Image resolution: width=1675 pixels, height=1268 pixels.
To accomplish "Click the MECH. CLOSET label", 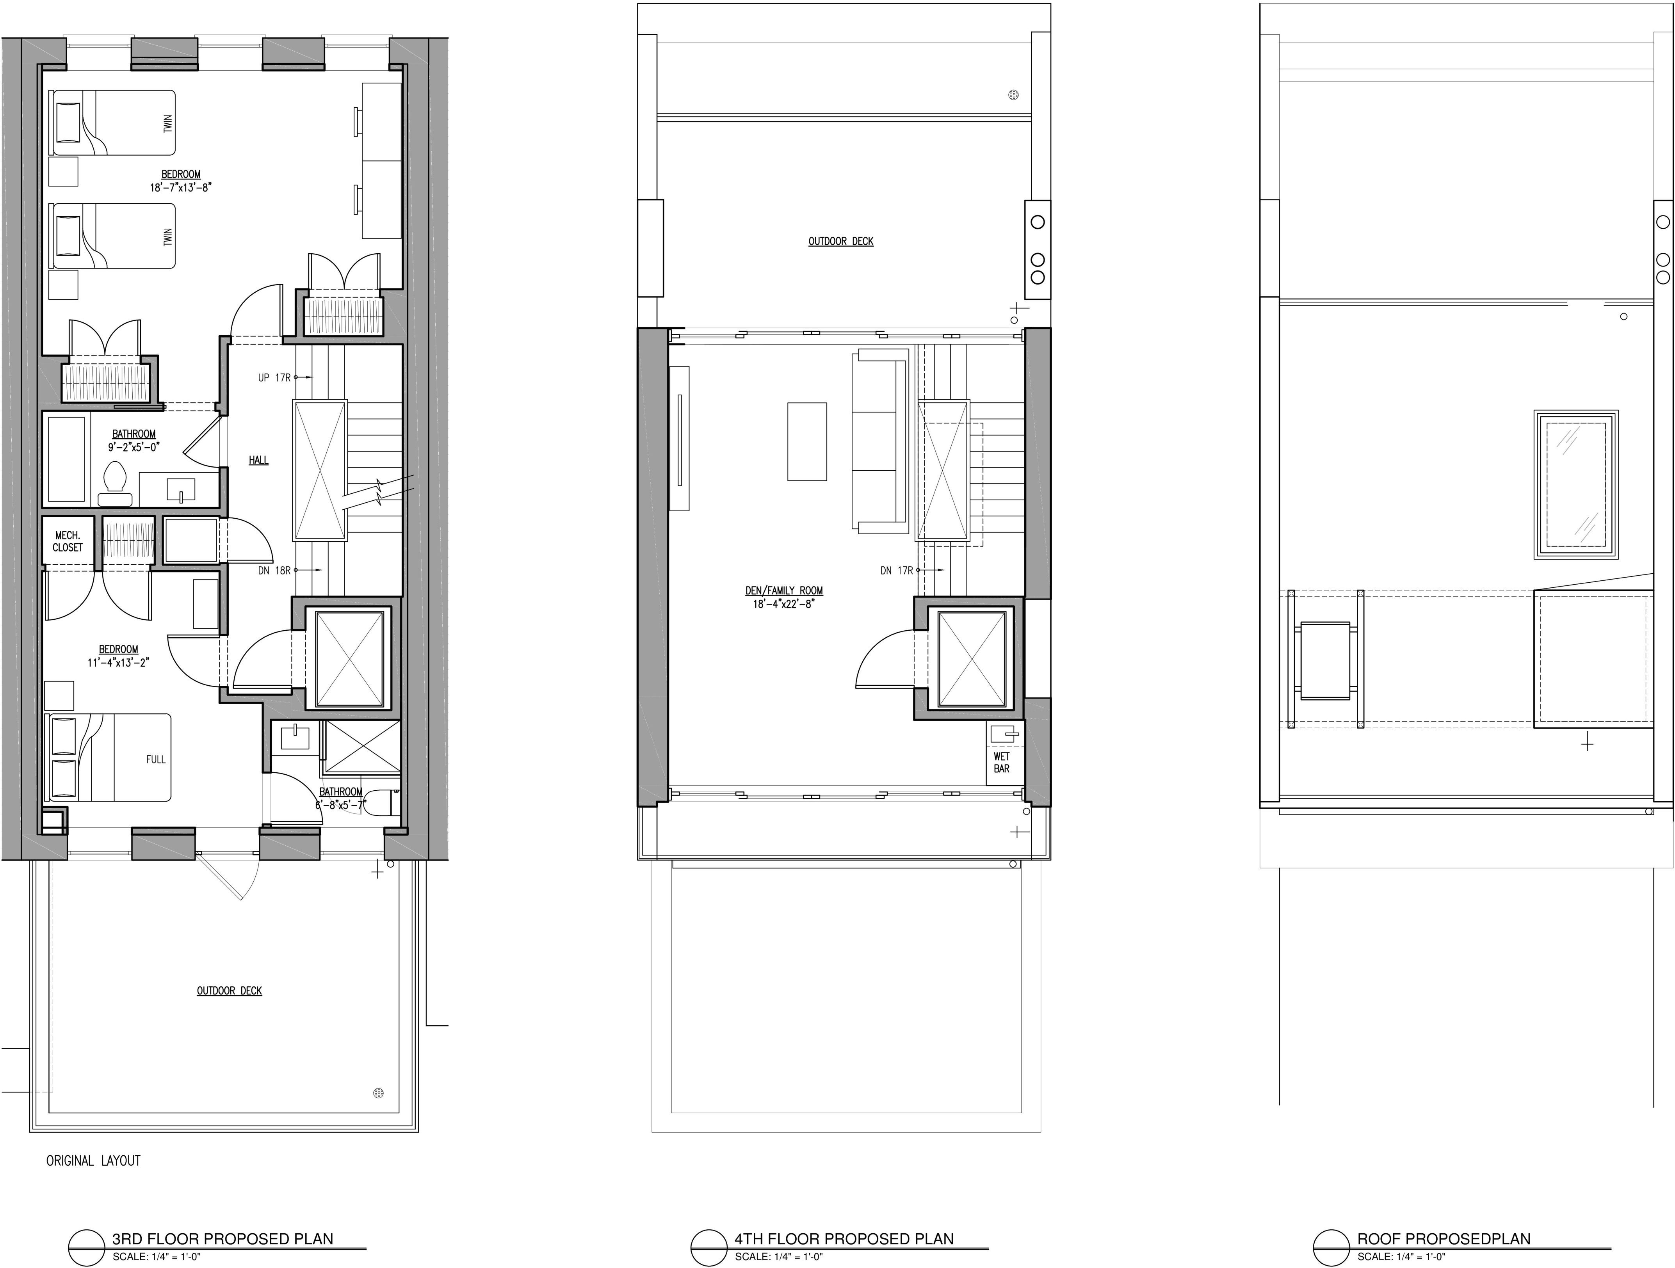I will coord(68,541).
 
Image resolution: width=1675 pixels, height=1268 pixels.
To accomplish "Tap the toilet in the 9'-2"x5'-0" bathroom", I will coord(116,484).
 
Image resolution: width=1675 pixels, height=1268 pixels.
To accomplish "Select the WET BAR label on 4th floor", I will coord(1001,762).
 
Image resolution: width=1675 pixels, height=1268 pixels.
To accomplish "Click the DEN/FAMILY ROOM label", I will coord(784,590).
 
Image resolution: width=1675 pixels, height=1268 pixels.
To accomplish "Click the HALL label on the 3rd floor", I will coord(258,460).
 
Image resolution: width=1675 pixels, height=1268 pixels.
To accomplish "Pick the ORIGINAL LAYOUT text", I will coord(93,1161).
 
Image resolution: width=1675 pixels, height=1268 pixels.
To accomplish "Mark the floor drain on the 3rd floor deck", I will coord(379,1092).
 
